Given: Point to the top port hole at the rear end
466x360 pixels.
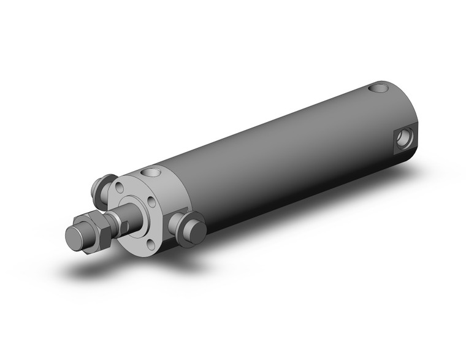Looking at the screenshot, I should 381,89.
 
